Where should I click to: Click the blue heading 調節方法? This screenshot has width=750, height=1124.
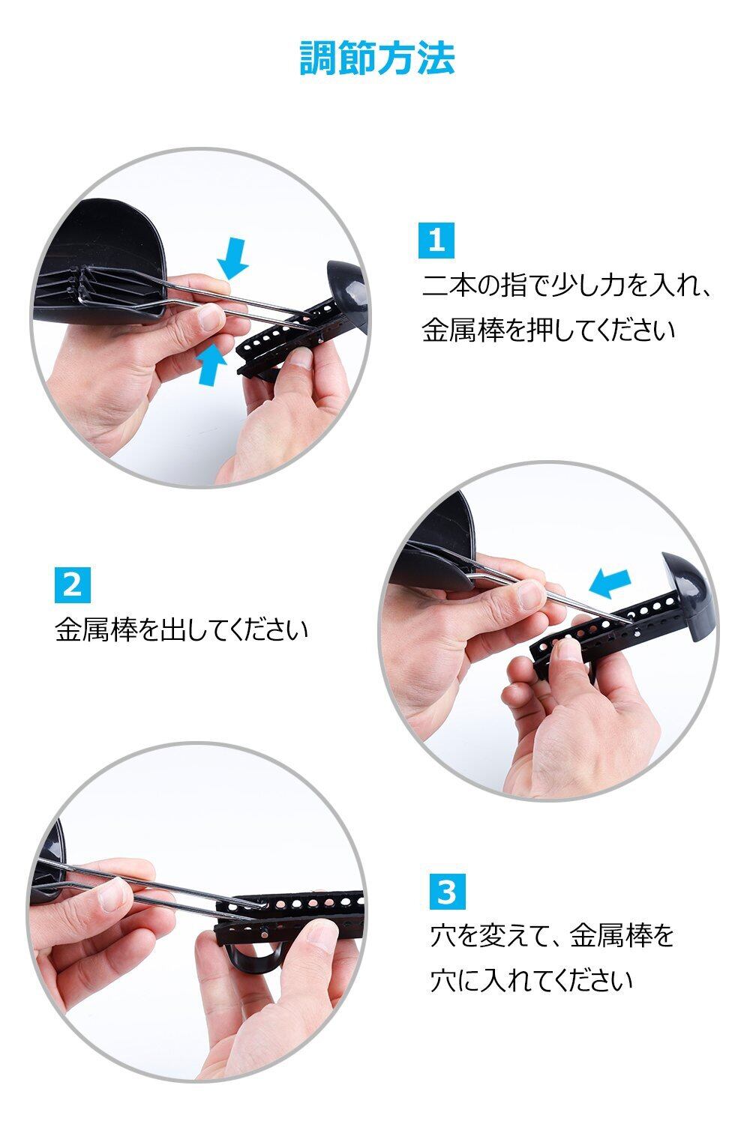coord(377,58)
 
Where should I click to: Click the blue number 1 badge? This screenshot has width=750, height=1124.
coord(436,241)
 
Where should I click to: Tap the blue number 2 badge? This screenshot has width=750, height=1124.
coord(72,584)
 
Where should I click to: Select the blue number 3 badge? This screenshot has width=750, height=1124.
coord(448,891)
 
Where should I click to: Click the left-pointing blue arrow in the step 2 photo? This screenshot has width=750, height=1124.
coord(610,584)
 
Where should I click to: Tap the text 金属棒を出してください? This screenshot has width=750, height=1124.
coord(181,630)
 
